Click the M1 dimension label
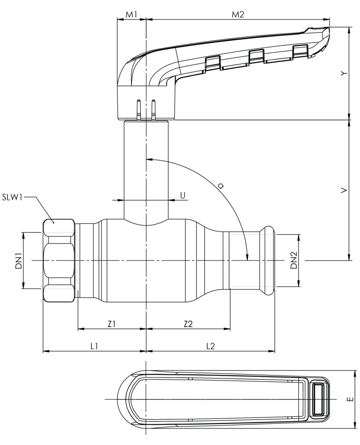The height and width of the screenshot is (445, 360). click(131, 14)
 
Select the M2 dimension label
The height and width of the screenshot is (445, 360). click(238, 14)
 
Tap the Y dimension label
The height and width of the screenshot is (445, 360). click(345, 73)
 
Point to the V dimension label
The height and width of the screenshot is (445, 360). click(345, 190)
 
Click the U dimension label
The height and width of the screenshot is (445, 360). click(182, 195)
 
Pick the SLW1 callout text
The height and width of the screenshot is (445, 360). click(12, 197)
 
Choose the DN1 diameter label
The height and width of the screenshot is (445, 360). click(19, 260)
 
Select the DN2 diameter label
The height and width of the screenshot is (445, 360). click(293, 260)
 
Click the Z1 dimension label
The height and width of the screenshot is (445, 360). click(112, 324)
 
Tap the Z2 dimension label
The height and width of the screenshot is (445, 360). click(188, 324)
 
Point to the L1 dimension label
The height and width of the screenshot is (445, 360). click(94, 346)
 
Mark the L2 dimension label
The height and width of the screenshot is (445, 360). click(210, 346)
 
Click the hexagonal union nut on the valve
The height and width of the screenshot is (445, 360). click(59, 260)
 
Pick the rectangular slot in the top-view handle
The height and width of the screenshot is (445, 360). click(319, 399)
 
